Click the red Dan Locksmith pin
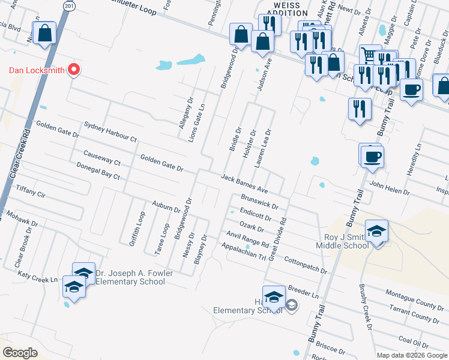(x=74, y=70)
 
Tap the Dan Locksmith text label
(x=36, y=70)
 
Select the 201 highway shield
(x=70, y=5)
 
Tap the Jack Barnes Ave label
(x=244, y=182)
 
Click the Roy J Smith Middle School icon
(x=376, y=232)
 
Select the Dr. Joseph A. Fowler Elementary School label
(x=130, y=277)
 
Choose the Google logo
(x=20, y=352)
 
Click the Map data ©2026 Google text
(x=411, y=355)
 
